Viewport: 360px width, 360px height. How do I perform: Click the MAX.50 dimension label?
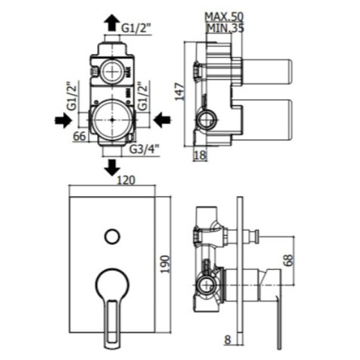coord(224,17)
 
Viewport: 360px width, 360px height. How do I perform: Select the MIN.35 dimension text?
coord(226,28)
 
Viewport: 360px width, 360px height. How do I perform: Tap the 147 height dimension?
coord(180,92)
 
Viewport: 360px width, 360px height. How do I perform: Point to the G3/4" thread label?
coord(144,149)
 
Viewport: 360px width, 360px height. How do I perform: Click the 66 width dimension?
coord(79,136)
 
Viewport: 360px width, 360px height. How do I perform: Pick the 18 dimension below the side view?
coord(200,155)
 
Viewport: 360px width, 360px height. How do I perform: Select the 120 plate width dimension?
coord(126,180)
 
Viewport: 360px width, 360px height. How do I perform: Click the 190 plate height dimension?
coord(165,264)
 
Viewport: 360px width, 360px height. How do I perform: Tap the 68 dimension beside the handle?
coord(289,260)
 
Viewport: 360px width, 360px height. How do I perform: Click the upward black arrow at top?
coord(112,22)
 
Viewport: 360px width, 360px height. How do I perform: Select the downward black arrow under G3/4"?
coord(112,168)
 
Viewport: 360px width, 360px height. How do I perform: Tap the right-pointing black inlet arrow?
coord(64,120)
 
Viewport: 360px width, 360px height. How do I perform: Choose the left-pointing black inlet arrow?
coord(162,120)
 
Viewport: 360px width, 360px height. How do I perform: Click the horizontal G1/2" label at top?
coord(136,29)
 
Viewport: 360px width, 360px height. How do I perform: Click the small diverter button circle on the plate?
coord(113,236)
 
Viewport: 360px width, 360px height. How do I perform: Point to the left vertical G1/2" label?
coord(71,96)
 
